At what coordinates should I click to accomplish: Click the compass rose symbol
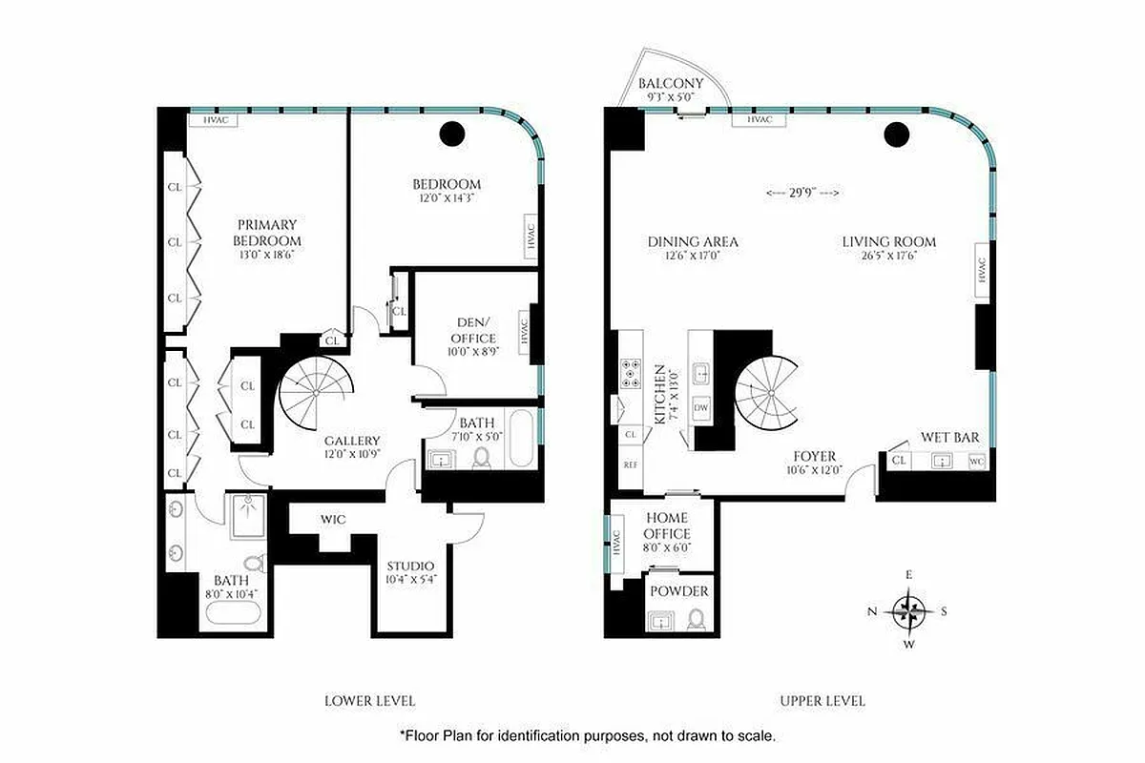point(909,609)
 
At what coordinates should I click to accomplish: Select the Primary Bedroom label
point(268,233)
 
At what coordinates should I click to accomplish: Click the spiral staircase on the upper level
point(767,393)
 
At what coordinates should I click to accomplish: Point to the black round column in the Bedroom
point(452,134)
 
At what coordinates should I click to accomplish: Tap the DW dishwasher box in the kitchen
point(701,407)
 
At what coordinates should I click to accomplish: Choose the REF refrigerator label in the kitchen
point(630,464)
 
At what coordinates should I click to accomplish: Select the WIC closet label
point(333,520)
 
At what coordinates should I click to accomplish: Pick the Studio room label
point(410,566)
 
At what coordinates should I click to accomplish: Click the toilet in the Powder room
point(697,621)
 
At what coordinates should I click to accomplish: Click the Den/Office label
point(472,331)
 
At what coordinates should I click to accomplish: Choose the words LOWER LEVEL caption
point(369,701)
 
